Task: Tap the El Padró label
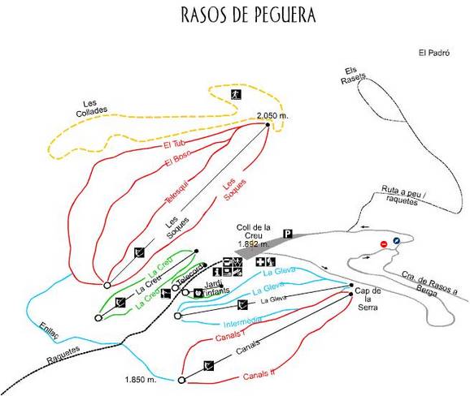(434, 54)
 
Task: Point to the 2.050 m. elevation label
(272, 116)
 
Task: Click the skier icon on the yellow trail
(233, 94)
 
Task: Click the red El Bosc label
(176, 160)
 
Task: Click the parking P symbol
(287, 235)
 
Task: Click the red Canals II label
(261, 375)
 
